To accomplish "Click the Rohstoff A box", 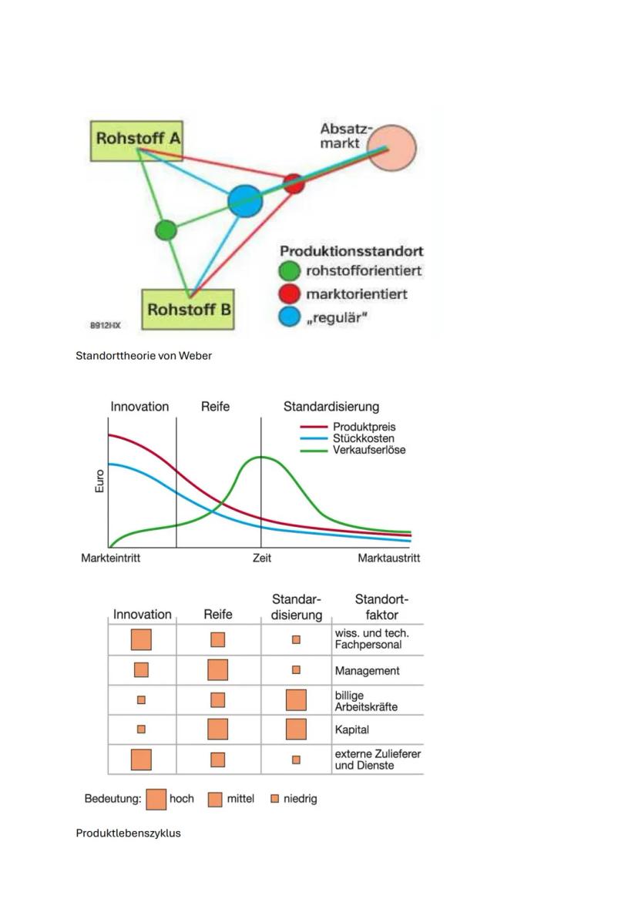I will coord(138,139).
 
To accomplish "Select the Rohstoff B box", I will coord(190,310).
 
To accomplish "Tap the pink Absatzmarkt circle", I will coord(391,148).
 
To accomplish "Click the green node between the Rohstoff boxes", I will coord(166,230).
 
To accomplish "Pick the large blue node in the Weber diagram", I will coord(245,202).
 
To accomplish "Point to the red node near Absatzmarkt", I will coord(294,183).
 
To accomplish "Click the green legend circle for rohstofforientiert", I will coord(289,271).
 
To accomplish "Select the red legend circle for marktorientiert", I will coord(289,294).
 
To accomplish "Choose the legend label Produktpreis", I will coord(364,427).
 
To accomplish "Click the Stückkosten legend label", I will coord(364,438).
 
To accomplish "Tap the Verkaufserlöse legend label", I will coord(369,450).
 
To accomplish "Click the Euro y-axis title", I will coord(99,481).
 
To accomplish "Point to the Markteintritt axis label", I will coord(111,558).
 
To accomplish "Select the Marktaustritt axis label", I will coord(389,558).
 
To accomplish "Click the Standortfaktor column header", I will coord(381,607).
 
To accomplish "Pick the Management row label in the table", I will coord(367,671).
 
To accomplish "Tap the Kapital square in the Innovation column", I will coord(141,729).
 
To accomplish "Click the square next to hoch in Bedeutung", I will coord(156,799).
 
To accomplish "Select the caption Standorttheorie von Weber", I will coord(143,356).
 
